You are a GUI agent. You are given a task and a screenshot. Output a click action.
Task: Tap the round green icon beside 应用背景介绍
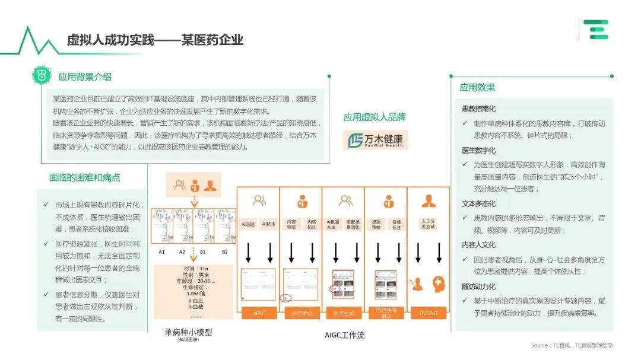[42, 77]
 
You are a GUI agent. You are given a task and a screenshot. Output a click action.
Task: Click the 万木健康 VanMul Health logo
[376, 141]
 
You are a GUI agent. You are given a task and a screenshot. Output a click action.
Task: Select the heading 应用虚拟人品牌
[375, 117]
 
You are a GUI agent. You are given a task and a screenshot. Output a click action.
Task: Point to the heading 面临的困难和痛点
[88, 178]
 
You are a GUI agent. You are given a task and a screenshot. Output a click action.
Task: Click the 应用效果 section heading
[477, 88]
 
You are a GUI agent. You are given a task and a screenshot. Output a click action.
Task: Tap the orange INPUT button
[259, 313]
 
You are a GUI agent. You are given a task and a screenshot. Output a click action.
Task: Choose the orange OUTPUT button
[429, 313]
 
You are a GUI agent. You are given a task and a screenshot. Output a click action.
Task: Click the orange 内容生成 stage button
[344, 313]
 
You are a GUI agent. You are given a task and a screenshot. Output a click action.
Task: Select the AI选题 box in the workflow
[249, 225]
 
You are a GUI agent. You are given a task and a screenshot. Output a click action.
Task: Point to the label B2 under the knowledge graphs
[224, 252]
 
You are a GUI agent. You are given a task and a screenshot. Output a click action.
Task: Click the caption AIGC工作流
[344, 335]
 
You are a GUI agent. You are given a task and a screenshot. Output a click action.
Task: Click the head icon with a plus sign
[439, 283]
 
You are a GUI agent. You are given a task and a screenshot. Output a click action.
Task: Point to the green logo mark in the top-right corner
[595, 29]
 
